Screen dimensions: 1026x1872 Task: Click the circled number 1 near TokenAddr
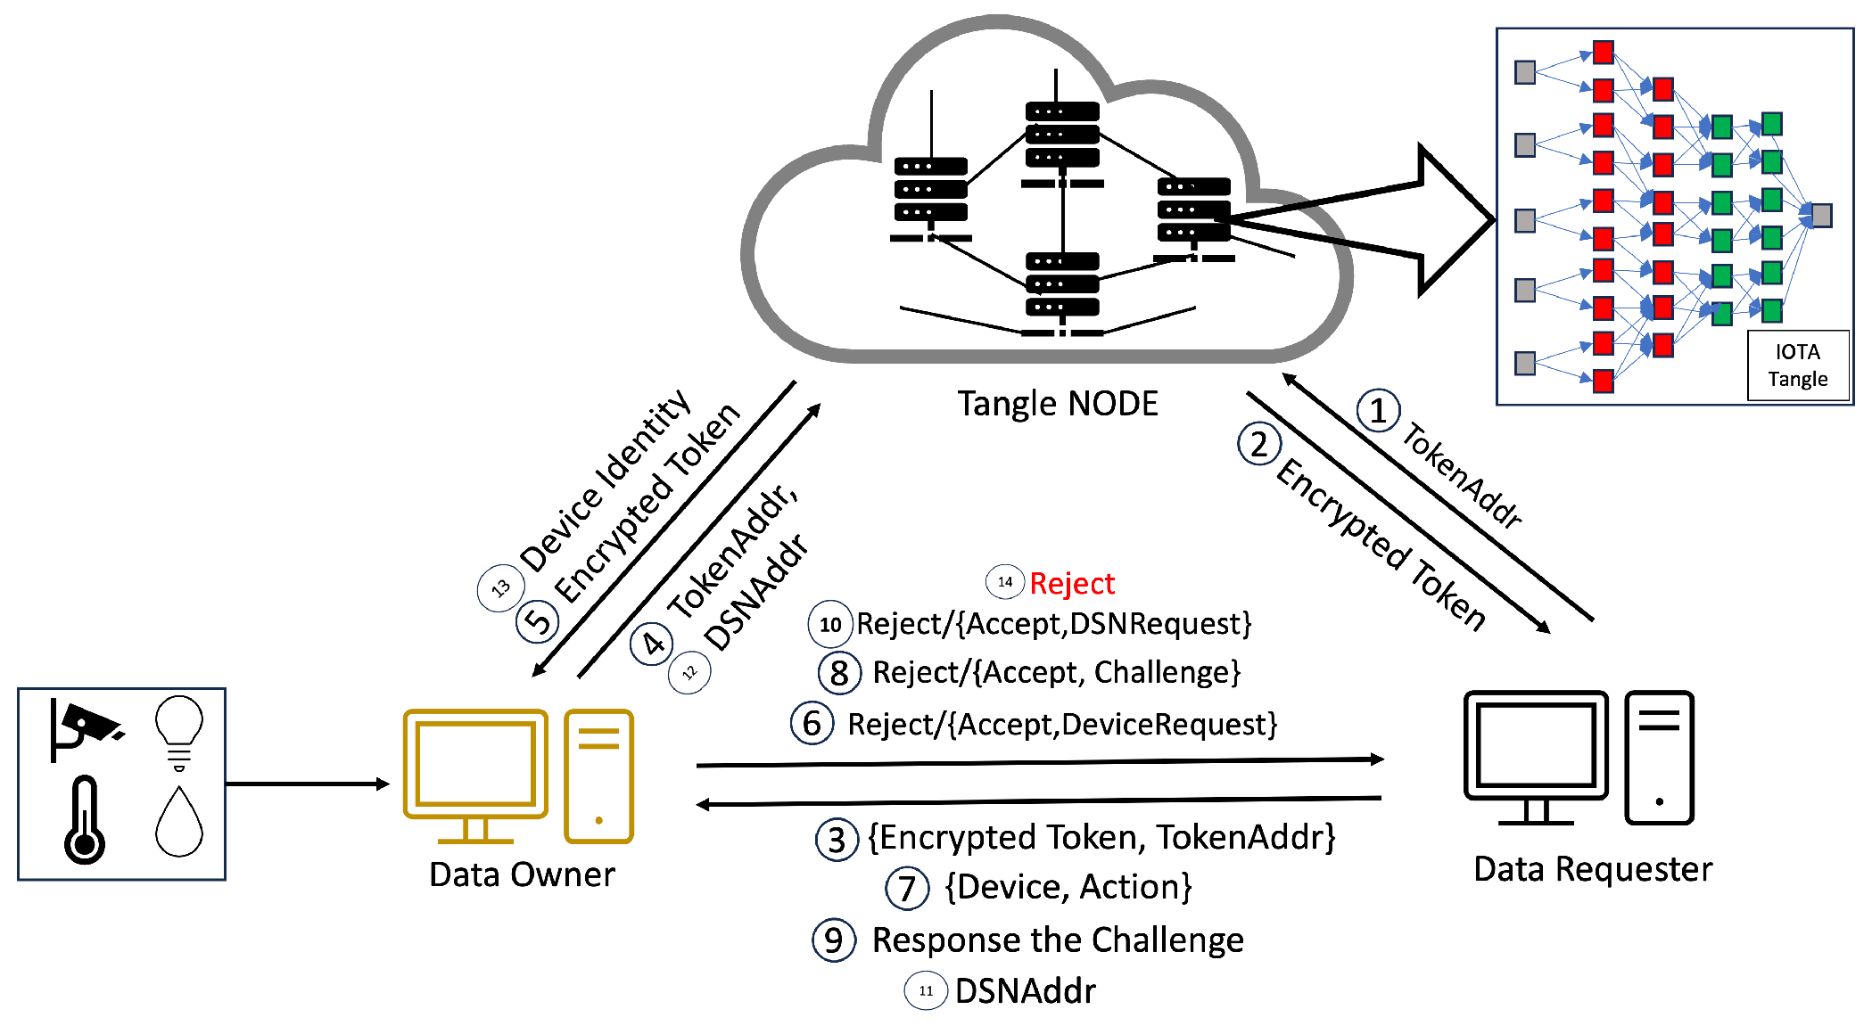coord(1378,411)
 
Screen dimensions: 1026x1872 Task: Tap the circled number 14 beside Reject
coord(1005,582)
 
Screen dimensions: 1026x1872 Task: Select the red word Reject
coord(1072,584)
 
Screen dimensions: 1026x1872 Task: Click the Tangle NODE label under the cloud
coord(1058,404)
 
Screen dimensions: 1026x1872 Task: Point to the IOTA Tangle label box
coord(1797,365)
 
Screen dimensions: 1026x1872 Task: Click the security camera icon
coord(86,726)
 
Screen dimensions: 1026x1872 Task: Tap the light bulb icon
coord(179,731)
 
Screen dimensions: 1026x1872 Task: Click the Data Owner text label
coord(522,874)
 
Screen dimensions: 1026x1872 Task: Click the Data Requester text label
coord(1593,869)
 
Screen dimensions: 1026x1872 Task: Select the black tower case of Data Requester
coord(1659,758)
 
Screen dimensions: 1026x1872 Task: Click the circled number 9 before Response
coord(834,940)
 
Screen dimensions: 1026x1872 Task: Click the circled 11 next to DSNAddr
coord(926,990)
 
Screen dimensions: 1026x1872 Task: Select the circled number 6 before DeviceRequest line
coord(812,723)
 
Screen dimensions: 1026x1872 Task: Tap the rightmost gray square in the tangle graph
coord(1821,216)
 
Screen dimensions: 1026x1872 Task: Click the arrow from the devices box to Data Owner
coord(308,784)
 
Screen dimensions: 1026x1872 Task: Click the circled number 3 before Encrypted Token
coord(837,840)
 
